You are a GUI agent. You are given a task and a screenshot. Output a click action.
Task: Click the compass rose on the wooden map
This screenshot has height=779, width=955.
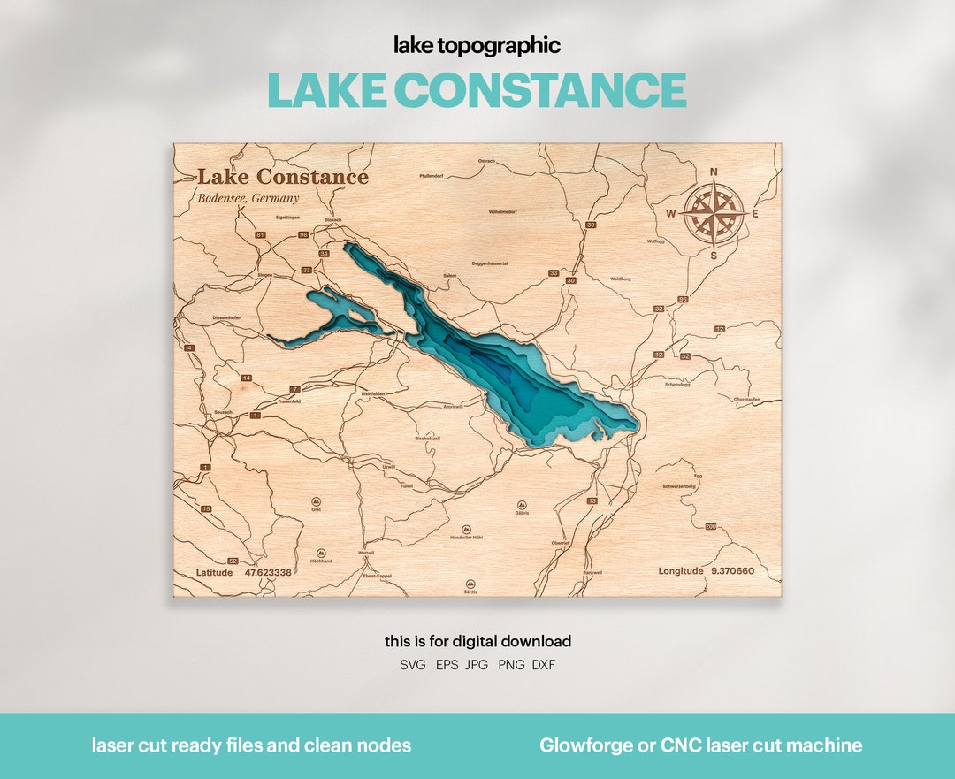(713, 213)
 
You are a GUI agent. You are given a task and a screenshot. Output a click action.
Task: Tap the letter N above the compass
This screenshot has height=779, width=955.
(714, 172)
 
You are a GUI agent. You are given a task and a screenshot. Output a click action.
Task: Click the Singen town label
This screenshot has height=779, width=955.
(265, 275)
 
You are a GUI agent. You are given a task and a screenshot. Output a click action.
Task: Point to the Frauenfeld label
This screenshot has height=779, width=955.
(290, 401)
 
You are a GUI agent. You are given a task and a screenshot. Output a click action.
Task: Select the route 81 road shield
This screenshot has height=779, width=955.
(260, 235)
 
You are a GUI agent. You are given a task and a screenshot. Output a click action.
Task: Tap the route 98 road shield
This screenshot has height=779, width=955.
(303, 235)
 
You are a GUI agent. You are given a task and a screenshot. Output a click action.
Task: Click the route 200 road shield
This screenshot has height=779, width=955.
(711, 527)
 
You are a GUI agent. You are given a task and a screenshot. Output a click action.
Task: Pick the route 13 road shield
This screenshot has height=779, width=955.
(592, 501)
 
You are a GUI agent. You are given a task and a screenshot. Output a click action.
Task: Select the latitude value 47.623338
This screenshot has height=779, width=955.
(268, 572)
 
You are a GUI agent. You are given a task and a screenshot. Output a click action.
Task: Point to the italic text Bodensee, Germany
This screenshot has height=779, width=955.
(248, 198)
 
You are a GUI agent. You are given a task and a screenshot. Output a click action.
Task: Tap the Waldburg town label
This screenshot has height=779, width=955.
(621, 279)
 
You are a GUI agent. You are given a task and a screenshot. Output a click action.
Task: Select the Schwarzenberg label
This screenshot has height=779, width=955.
(679, 486)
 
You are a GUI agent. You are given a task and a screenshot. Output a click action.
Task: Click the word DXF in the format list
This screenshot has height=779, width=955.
(544, 664)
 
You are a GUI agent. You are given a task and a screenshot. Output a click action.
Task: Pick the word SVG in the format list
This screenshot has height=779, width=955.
(412, 664)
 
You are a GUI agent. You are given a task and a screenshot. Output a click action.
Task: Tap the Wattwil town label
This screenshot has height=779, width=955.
(367, 553)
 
